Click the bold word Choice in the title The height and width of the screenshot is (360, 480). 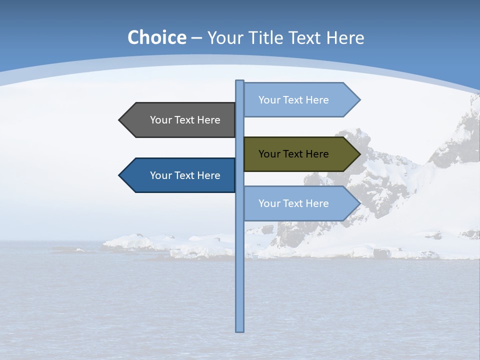[x=156, y=37]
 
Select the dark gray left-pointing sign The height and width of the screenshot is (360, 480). [x=180, y=120]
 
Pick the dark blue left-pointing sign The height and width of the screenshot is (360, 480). [x=180, y=175]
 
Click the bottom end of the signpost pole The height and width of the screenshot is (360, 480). [x=240, y=330]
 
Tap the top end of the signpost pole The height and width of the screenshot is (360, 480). [x=240, y=81]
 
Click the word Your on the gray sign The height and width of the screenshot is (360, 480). [x=161, y=120]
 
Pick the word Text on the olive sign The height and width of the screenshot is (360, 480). [x=293, y=154]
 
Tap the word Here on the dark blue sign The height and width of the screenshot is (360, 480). [x=208, y=175]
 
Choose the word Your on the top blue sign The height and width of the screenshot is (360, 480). [x=269, y=100]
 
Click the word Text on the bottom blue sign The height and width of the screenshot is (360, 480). [x=293, y=203]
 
